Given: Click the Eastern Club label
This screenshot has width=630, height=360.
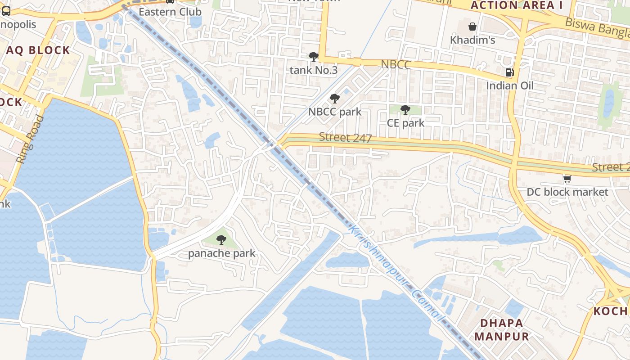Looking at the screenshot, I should click(170, 12).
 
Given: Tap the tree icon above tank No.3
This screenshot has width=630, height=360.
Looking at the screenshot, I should click(314, 57).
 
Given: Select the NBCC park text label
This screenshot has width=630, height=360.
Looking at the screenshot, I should click(334, 112).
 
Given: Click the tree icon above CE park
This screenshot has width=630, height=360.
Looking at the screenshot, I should click(405, 109).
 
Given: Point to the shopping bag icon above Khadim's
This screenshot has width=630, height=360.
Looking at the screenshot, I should click(472, 27).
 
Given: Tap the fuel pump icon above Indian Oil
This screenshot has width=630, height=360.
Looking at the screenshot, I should click(509, 72).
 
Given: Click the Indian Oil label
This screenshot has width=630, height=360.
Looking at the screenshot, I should click(509, 85).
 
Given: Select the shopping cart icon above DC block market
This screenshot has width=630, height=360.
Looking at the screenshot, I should click(567, 179).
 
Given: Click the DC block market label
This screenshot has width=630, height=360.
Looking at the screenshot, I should click(567, 192).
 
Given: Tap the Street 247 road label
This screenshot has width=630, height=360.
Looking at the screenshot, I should click(345, 138).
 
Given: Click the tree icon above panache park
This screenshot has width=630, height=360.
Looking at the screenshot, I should click(221, 240).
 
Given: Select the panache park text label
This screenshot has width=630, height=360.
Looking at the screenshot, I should click(221, 253).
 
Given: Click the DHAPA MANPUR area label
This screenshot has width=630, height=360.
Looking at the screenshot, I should click(501, 329).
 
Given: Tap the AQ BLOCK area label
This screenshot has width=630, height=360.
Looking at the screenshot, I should click(38, 50).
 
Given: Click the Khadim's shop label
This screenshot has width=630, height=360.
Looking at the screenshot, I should click(472, 40).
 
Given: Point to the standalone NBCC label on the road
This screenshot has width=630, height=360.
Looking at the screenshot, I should click(396, 65).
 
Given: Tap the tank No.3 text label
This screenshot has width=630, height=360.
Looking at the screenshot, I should click(313, 70).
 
